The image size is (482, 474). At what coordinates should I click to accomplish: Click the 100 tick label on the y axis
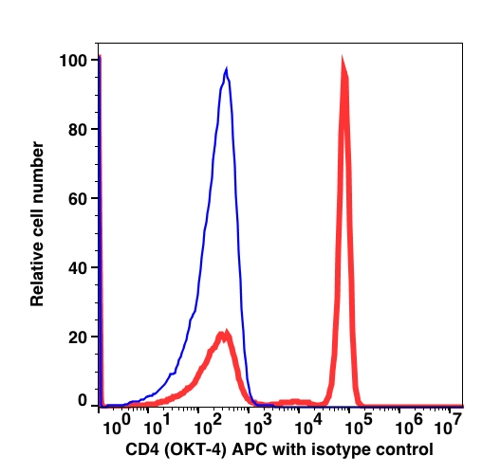pyautogui.click(x=73, y=61)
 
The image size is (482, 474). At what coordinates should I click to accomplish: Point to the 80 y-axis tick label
pyautogui.click(x=78, y=130)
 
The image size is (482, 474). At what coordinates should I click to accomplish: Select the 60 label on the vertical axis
pyautogui.click(x=78, y=199)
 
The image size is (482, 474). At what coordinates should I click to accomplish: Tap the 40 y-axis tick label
pyautogui.click(x=78, y=268)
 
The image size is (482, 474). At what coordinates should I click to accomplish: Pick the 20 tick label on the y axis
pyautogui.click(x=78, y=337)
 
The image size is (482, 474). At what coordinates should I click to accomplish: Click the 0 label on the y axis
pyautogui.click(x=83, y=400)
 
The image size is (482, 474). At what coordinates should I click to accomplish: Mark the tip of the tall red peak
pyautogui.click(x=343, y=57)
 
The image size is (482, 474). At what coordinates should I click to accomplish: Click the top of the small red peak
pyautogui.click(x=226, y=331)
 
